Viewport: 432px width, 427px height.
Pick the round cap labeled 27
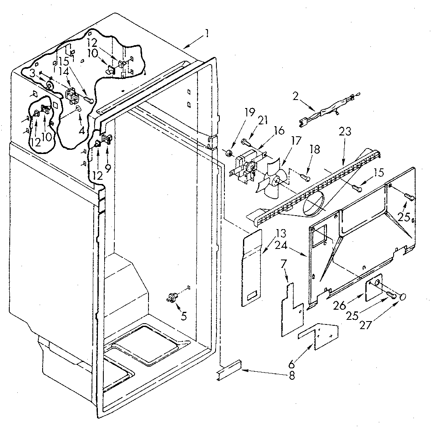click(403, 297)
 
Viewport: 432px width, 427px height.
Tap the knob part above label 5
click(172, 297)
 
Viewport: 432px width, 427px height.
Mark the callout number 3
click(33, 73)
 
